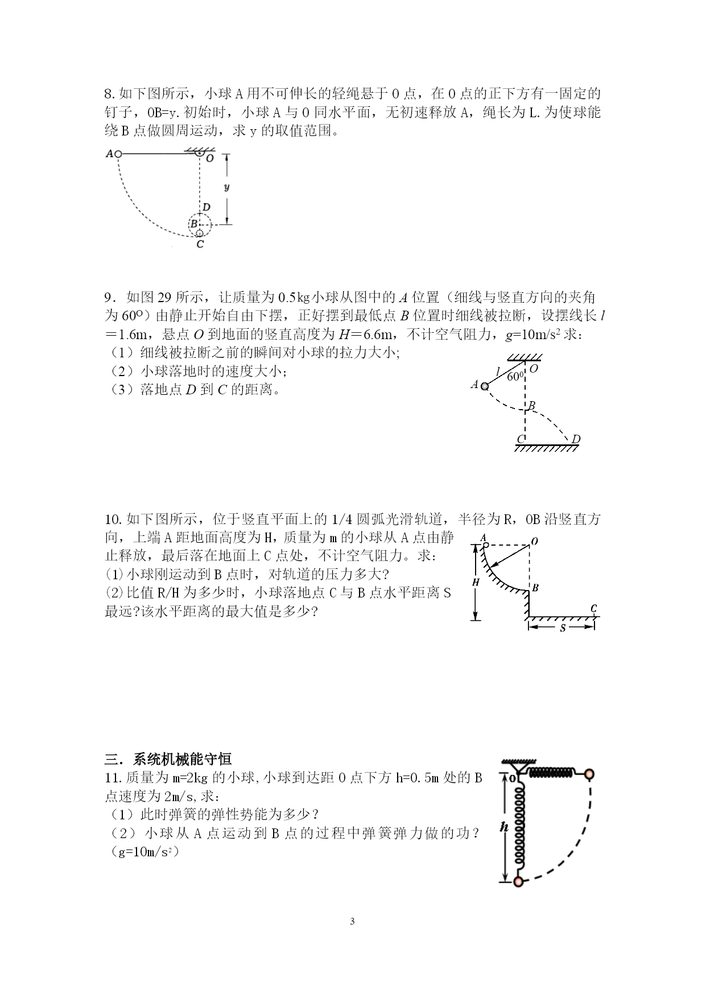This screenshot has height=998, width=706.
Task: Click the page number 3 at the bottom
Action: (x=353, y=922)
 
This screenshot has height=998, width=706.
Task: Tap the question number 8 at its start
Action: (x=110, y=94)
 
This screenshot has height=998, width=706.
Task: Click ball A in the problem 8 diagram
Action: (x=118, y=154)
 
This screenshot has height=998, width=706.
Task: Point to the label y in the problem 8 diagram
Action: (x=227, y=187)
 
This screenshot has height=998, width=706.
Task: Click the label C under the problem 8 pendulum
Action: (x=200, y=245)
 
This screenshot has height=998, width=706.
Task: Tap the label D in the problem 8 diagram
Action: (x=207, y=207)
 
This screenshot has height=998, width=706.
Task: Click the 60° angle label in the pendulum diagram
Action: (x=515, y=376)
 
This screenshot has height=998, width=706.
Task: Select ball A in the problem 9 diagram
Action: (x=485, y=386)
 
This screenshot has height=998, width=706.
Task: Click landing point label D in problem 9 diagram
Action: (x=576, y=439)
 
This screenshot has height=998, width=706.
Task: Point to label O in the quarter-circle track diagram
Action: (x=534, y=541)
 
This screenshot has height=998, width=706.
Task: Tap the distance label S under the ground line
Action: (x=562, y=629)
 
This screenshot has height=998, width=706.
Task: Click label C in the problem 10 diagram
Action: (x=594, y=608)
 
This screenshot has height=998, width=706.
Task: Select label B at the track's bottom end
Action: (x=535, y=588)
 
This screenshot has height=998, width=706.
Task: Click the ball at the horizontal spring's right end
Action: (x=590, y=774)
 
